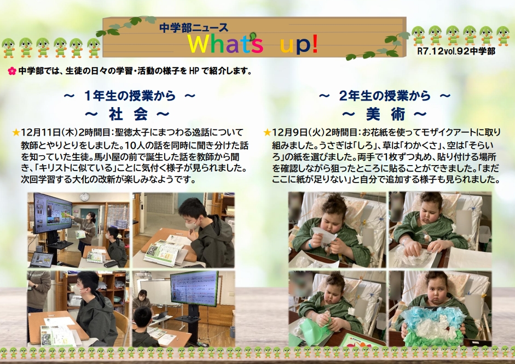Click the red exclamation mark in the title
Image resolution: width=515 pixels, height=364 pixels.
click(314, 44)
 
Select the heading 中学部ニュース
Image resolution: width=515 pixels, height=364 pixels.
click(193, 27)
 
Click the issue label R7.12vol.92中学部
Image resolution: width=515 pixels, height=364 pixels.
click(456, 51)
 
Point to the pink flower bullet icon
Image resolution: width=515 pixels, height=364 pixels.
click(12, 71)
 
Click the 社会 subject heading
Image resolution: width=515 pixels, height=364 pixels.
click(128, 114)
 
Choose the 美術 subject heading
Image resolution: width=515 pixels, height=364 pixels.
click(385, 114)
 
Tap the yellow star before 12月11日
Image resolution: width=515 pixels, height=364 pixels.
click(16, 132)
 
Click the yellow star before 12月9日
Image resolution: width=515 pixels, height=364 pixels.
click(267, 132)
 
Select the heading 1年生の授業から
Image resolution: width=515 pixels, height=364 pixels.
click(130, 96)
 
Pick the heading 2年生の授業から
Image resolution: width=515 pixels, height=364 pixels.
click(385, 96)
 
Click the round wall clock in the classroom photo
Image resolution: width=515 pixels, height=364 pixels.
click(84, 197)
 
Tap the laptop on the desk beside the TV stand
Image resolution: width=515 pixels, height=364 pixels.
click(41, 260)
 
